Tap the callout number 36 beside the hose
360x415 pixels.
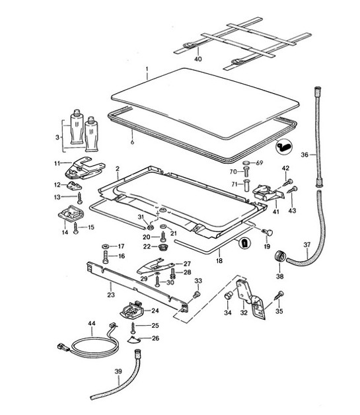click(305, 155)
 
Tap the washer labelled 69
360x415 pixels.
click(246, 162)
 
